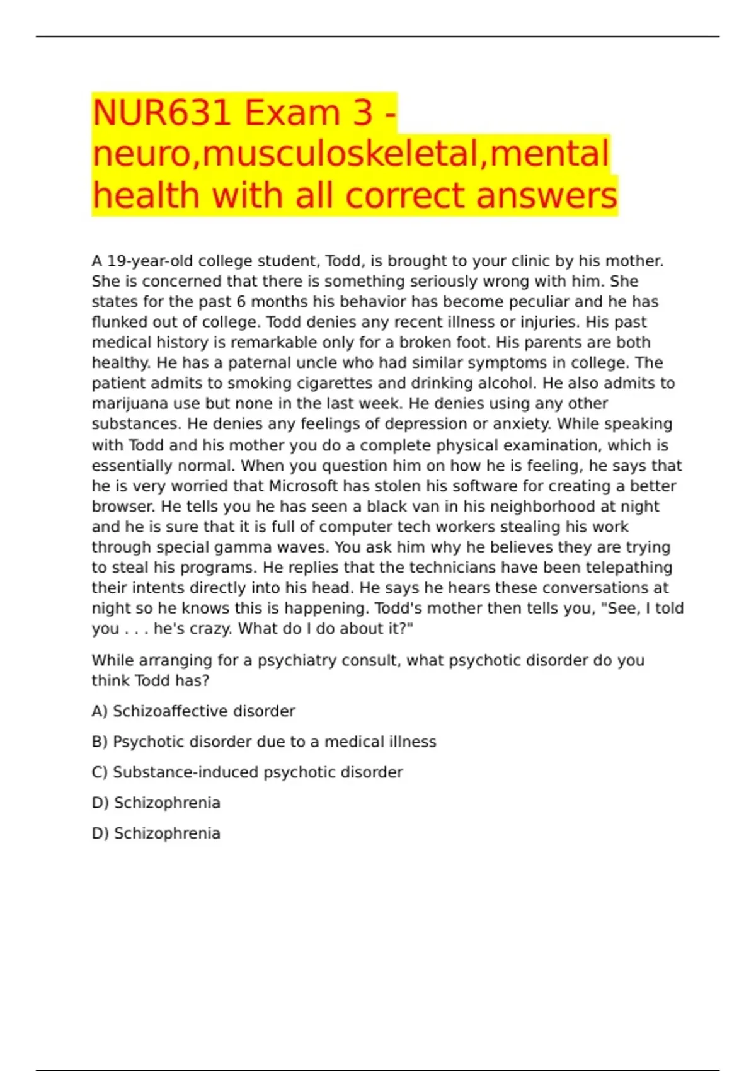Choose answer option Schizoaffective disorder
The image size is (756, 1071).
point(203,711)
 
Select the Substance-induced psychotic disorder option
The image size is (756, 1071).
point(258,772)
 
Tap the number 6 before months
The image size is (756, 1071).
point(241,302)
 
